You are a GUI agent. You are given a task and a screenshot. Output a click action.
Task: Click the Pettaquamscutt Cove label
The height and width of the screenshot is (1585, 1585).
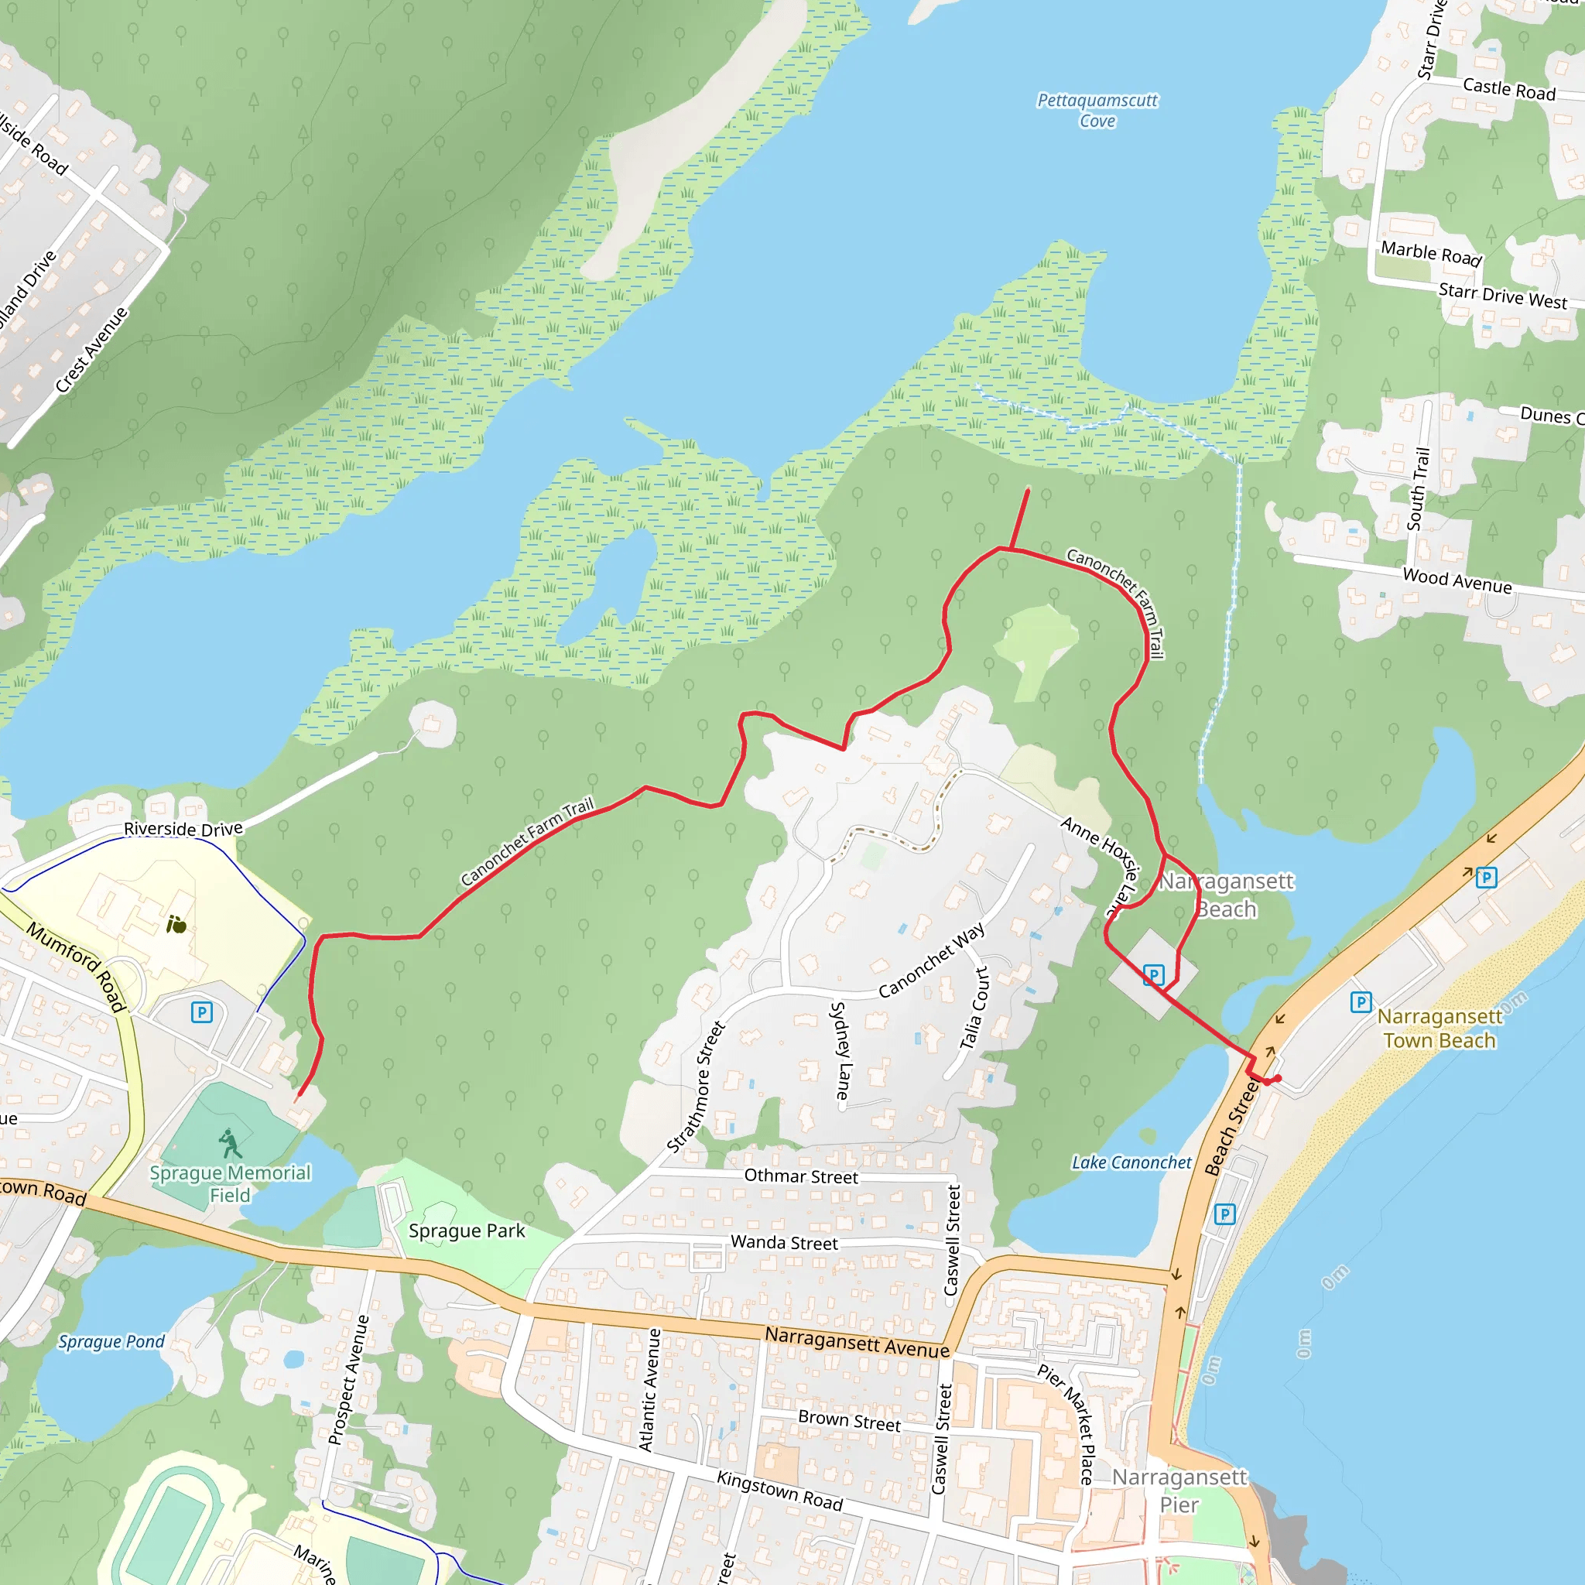point(1097,111)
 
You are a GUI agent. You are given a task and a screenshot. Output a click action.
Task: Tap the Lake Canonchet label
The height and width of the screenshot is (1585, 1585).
point(1131,1162)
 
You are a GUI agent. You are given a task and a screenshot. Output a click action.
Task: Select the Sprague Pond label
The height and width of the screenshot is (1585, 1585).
point(111,1341)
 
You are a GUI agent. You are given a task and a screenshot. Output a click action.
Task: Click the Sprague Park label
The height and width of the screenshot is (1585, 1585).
point(466,1231)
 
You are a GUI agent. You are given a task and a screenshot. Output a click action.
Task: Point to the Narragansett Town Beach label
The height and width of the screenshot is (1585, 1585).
point(1439,1028)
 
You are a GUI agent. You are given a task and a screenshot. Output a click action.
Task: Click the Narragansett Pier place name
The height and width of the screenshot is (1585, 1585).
point(1179,1491)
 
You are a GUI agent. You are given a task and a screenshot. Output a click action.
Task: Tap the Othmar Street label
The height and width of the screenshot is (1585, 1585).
point(801,1176)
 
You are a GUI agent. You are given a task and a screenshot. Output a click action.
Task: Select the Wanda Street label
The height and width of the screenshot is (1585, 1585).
point(784,1243)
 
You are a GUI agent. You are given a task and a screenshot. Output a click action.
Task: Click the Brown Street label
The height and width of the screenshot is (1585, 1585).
point(849,1421)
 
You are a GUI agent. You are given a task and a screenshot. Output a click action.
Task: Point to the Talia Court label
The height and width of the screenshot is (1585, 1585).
point(974,1008)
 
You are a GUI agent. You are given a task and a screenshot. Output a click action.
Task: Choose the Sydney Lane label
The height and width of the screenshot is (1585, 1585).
point(841,1050)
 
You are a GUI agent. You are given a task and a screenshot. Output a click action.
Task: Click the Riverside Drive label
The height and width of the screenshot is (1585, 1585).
point(183,829)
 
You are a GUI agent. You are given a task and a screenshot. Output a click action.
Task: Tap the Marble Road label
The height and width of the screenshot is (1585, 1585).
point(1431,254)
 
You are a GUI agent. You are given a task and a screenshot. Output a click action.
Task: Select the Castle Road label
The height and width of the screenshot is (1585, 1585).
point(1508,88)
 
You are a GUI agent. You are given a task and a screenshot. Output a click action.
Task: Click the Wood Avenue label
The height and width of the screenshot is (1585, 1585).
point(1457,580)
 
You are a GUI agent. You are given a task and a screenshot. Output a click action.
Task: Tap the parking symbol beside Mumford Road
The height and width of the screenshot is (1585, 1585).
point(202,1012)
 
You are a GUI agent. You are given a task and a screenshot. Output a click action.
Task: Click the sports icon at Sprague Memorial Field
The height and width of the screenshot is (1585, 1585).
point(230,1143)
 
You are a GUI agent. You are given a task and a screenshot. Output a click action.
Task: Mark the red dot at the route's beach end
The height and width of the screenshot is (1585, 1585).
point(1277,1078)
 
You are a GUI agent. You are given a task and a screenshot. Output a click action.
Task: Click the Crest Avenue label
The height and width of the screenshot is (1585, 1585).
point(92,350)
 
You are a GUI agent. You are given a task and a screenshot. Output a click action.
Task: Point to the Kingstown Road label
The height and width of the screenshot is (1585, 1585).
point(779,1490)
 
